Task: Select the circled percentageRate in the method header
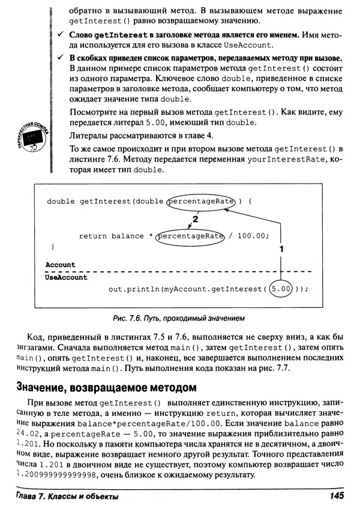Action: coord(201,202)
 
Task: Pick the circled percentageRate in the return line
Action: coord(189,236)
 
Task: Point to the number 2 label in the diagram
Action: coord(195,219)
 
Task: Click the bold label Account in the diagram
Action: coord(61,265)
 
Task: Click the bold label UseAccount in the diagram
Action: coord(67,278)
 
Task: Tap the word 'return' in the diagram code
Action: coord(93,236)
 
